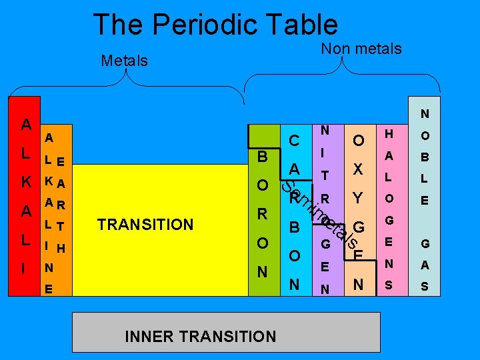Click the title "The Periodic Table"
215,25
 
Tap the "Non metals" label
361,49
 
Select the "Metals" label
124,61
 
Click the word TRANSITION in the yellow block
145,225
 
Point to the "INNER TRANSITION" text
200,336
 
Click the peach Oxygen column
359,213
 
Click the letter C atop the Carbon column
293,141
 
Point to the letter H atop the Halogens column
389,134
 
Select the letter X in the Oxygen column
358,169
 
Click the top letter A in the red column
25,124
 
